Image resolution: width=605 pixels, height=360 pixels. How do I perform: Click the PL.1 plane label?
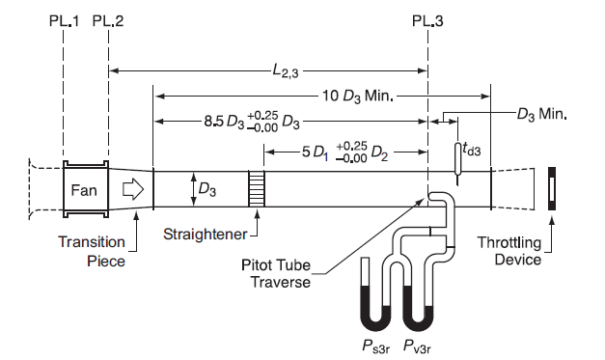64,20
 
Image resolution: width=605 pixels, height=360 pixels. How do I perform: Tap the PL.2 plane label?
108,20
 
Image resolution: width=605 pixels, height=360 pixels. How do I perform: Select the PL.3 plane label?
427,20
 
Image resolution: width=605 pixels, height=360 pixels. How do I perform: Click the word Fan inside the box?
84,190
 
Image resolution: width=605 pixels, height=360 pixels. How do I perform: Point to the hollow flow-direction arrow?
133,189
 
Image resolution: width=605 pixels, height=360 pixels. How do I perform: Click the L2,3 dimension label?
286,71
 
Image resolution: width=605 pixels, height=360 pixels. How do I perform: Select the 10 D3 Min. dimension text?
358,97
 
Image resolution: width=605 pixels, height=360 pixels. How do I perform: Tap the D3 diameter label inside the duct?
207,190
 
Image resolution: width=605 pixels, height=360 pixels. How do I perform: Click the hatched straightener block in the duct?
257,189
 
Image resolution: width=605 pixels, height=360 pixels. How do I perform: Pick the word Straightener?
205,235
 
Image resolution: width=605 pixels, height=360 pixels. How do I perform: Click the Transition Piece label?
92,252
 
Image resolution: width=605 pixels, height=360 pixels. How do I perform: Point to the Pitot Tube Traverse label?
276,273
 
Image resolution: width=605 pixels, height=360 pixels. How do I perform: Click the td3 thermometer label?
472,149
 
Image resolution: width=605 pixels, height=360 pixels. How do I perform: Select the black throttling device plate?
552,188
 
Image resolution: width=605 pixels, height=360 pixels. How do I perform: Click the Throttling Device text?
510,251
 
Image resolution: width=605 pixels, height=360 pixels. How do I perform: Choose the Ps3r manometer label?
375,346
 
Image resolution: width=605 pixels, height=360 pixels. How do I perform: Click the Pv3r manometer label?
417,346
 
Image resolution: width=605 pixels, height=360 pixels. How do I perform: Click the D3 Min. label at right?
542,114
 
